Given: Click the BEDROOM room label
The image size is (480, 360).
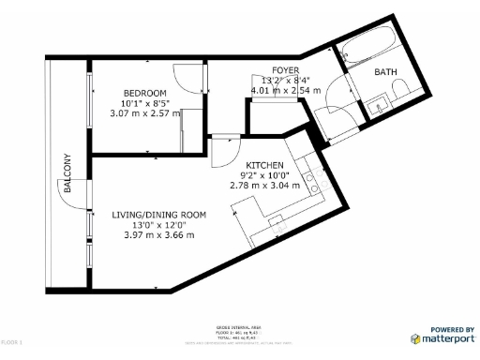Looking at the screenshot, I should pos(145,93).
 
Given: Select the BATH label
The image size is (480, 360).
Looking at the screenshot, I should pos(385,72).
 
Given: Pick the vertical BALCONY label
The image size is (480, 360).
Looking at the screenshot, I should pos(67,173).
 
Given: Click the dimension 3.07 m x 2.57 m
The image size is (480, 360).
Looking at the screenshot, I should pos(145,112).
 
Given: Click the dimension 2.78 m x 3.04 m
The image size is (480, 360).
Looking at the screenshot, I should pos(265,185).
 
